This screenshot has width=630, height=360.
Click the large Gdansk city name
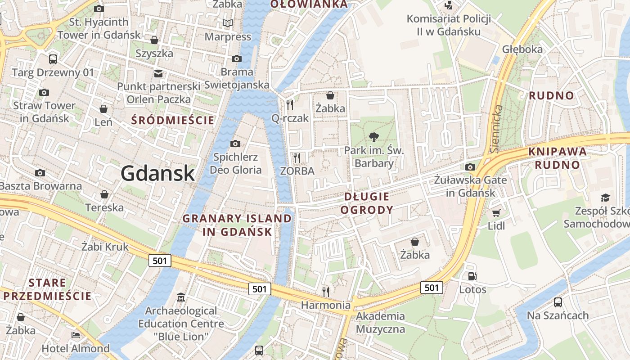[x=157, y=173]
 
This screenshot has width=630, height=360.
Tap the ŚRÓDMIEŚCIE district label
[x=173, y=120]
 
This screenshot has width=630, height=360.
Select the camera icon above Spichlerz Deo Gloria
[x=235, y=144]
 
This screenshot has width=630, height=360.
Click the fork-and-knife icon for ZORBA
[x=297, y=157]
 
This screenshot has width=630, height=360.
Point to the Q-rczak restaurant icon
[x=290, y=105]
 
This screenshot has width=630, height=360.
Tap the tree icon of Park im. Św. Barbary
[x=373, y=137]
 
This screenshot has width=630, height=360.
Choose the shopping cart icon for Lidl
[x=496, y=213]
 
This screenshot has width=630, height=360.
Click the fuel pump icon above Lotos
[x=472, y=276]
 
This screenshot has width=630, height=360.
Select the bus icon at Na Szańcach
[x=558, y=302]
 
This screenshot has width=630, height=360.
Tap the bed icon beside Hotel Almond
[x=76, y=335]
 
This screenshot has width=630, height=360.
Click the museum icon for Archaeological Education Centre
[x=181, y=297]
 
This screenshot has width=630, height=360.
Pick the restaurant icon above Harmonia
[x=326, y=292]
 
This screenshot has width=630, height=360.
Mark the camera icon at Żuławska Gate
[x=470, y=167]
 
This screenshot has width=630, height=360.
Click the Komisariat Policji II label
[x=449, y=25]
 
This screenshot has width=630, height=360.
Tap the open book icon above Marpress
[x=228, y=23]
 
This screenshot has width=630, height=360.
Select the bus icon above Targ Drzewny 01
[x=53, y=59]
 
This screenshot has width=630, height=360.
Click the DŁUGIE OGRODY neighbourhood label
[x=367, y=203]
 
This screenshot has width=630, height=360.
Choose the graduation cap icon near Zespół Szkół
[x=605, y=198]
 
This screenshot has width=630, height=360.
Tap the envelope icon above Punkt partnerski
[x=158, y=73]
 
